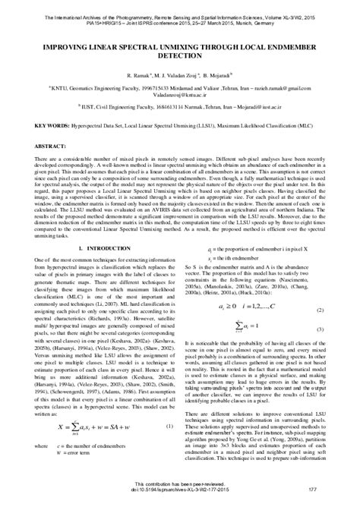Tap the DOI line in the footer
[180, 499]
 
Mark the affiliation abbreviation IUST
[52, 108]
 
